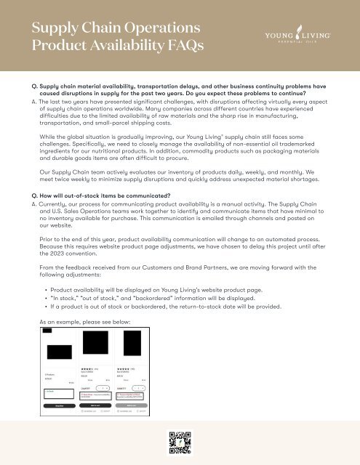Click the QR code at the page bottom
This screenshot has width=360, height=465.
click(x=179, y=442)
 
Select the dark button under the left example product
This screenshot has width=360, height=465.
click(x=57, y=405)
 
